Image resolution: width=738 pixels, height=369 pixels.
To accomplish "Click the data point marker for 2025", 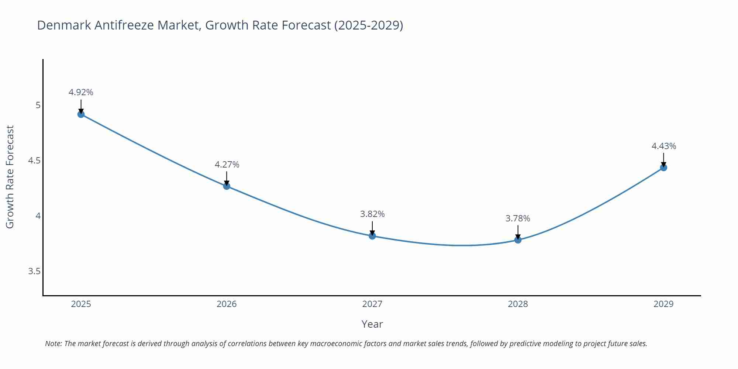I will tap(81, 114).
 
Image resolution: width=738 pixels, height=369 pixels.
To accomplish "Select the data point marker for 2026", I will tap(227, 186).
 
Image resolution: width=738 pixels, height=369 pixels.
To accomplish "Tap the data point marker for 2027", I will tap(372, 236).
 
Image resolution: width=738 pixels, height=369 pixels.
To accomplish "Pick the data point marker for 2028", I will tap(518, 240).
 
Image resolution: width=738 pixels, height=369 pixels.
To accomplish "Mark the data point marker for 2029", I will tap(663, 168).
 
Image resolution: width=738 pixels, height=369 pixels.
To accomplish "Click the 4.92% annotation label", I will tap(81, 92).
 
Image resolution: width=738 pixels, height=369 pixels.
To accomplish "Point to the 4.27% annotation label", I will tap(227, 165).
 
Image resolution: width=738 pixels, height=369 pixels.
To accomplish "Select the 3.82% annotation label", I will tap(372, 214).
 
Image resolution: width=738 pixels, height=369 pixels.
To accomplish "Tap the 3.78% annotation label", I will tap(518, 218).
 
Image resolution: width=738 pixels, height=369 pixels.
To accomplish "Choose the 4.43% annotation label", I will tap(663, 146).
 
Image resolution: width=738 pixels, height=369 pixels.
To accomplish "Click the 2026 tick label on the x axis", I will tap(227, 304).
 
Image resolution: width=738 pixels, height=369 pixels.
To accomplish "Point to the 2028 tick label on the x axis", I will tap(518, 304).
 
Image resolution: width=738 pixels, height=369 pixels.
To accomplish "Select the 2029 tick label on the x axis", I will tap(663, 304).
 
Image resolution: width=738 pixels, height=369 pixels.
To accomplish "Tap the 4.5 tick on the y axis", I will tap(34, 161).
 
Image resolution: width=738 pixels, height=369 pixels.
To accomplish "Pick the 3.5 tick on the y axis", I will tap(34, 271).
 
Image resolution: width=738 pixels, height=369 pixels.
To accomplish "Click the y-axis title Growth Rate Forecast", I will tap(10, 177).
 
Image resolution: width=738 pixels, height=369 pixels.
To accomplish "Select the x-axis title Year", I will tap(372, 324).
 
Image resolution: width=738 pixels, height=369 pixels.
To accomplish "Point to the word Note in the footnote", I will tap(53, 344).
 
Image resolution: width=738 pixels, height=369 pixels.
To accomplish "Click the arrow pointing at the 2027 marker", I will tap(372, 228).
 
